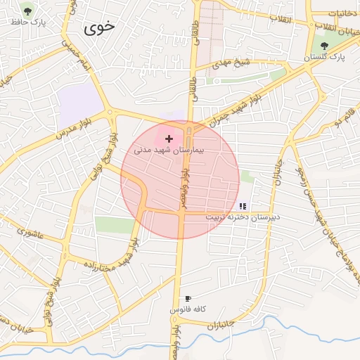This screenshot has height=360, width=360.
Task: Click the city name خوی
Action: point(100,28)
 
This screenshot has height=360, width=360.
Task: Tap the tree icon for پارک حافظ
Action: point(27,11)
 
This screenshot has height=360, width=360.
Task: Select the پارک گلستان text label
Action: point(325,58)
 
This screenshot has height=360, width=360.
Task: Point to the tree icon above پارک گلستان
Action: point(324,46)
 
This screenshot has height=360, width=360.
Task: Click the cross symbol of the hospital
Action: point(169,139)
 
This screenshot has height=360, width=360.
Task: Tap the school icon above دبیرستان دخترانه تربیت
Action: point(243,206)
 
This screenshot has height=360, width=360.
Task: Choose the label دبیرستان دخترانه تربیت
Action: point(243,217)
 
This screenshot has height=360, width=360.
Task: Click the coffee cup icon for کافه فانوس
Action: point(188,299)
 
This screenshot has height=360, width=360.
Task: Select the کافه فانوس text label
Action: point(187,309)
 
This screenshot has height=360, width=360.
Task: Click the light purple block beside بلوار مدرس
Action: point(81,105)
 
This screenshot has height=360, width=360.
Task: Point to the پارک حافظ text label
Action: point(27,22)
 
